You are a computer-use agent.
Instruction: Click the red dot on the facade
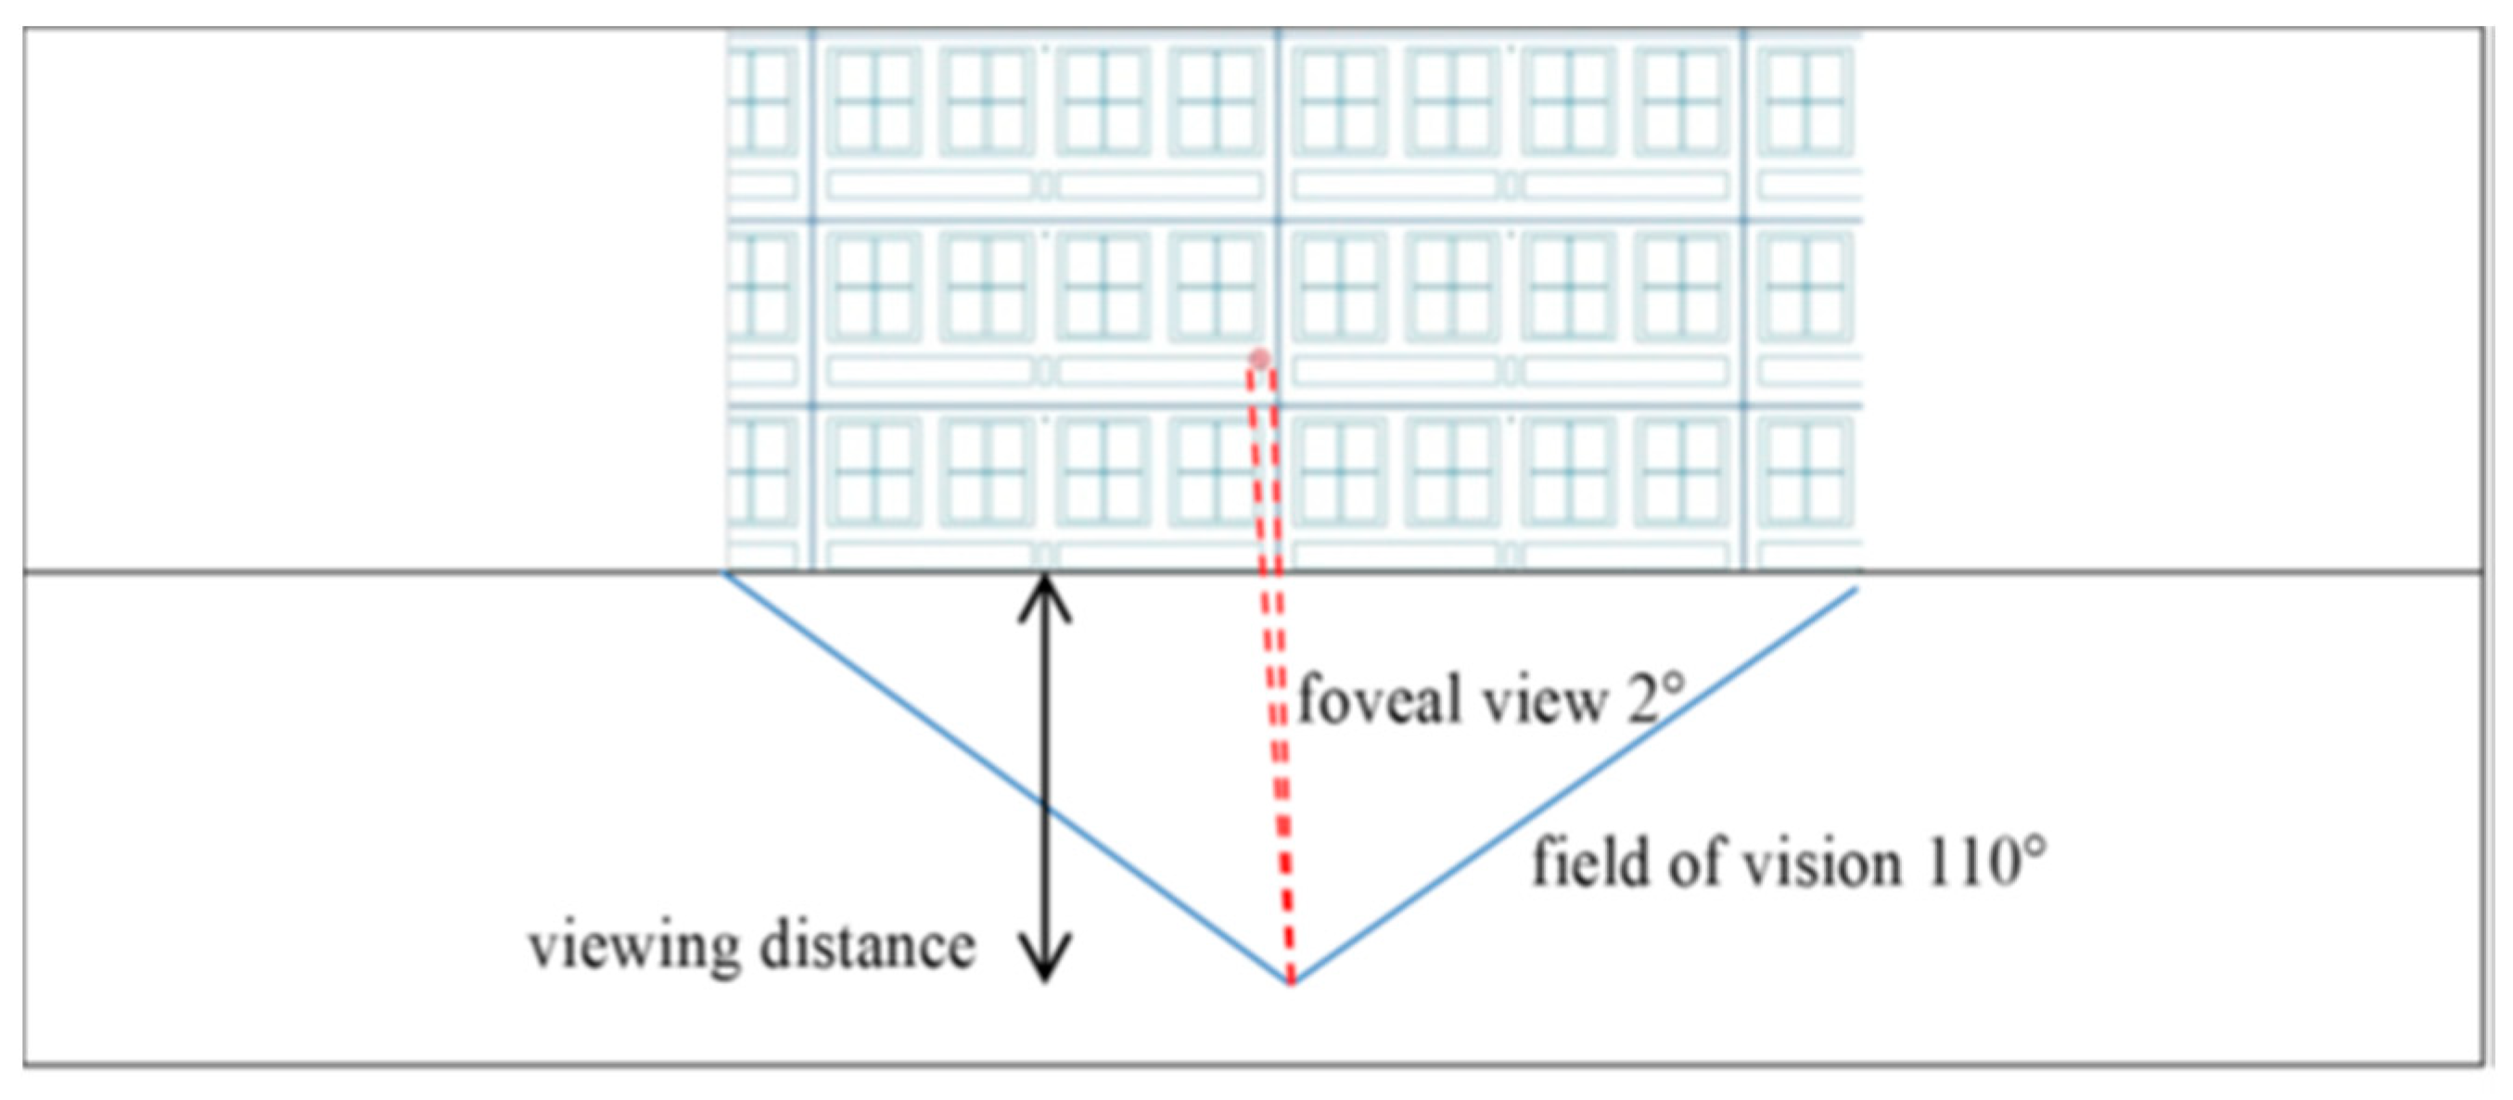pyautogui.click(x=1260, y=360)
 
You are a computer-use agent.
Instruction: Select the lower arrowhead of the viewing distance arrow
pyautogui.click(x=1045, y=962)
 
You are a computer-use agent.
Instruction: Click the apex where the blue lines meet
pyautogui.click(x=1290, y=982)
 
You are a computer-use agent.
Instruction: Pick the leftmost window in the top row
pyautogui.click(x=761, y=99)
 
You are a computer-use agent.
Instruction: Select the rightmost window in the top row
pyautogui.click(x=1805, y=99)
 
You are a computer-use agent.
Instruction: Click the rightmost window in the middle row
pyautogui.click(x=1805, y=287)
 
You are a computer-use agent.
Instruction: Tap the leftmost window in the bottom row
pyautogui.click(x=761, y=472)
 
